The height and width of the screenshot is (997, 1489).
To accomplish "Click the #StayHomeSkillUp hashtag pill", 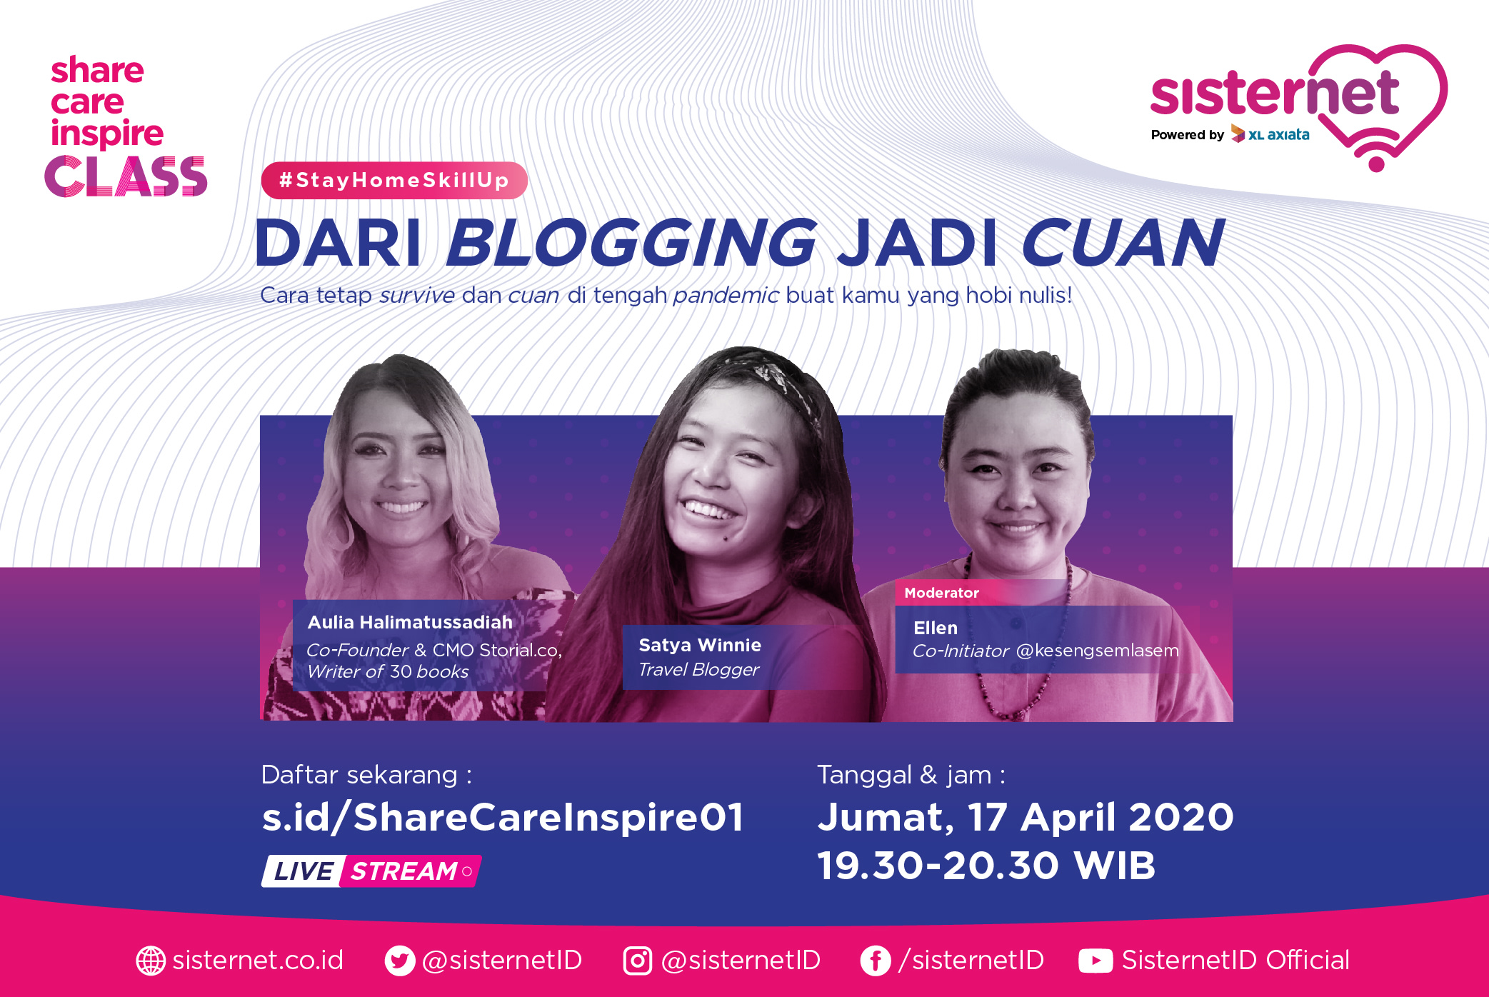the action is point(394,180).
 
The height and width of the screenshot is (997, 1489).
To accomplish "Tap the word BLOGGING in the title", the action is point(631,243).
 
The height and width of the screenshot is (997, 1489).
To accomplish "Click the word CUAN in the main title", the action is point(1123,243).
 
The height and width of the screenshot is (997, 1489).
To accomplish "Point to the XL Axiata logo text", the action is point(1278,135).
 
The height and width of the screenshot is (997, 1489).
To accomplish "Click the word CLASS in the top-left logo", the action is point(126,176).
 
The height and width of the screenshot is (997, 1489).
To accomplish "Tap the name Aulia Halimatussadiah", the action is point(410,622).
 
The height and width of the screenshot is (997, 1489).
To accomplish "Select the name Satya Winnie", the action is point(700,645).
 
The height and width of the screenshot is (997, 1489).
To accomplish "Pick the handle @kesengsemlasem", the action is point(1097,651).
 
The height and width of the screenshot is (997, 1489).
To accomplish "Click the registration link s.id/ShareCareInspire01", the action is point(503,817).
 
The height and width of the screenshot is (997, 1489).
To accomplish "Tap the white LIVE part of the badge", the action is point(303,871).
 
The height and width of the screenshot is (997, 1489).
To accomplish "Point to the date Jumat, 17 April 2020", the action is point(1026,818).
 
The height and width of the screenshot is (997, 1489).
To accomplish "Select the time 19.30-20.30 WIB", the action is point(986,866).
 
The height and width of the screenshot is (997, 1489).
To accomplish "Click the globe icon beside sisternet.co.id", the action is point(151,961).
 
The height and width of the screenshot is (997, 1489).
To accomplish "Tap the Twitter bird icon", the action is point(399,961).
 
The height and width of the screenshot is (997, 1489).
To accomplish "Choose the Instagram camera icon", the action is point(638,961).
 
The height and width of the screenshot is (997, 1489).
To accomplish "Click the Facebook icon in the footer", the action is point(876,961).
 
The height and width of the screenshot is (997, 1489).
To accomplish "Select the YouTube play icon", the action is point(1096,961).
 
